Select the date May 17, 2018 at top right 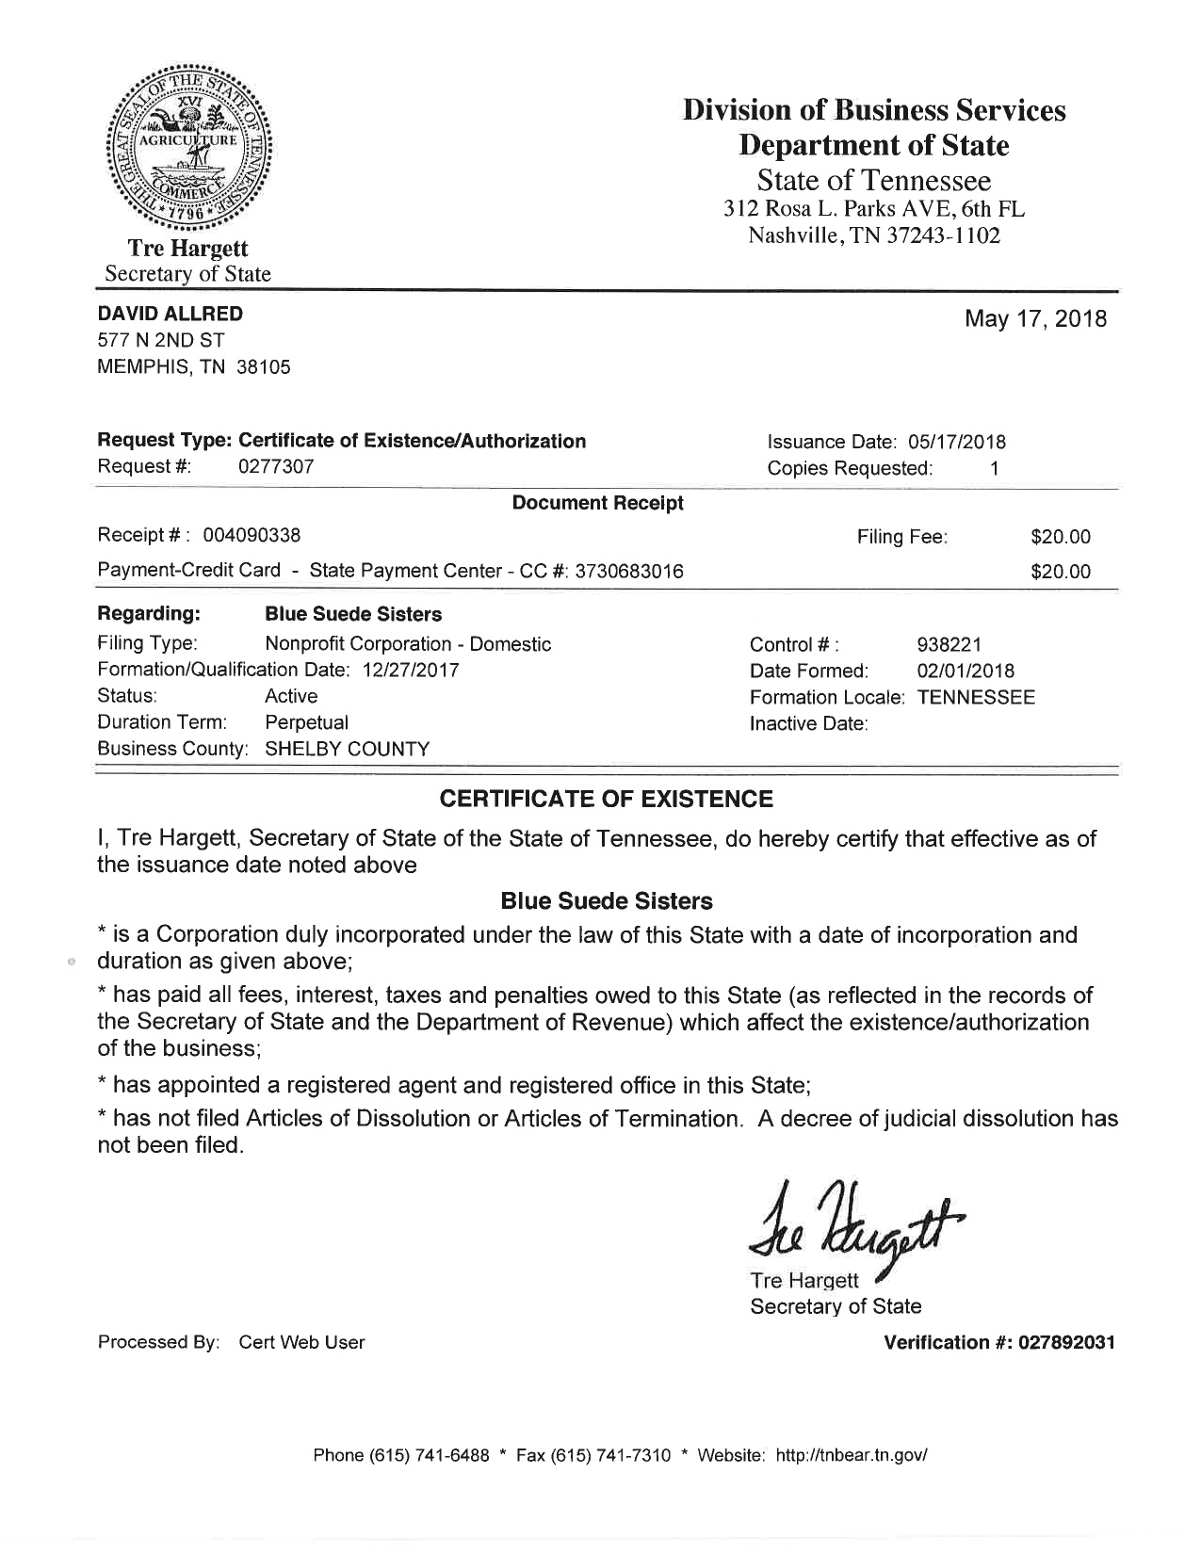1035,319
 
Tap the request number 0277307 276,467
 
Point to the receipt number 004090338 252,536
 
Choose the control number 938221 949,645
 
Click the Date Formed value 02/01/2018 966,672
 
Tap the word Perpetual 306,723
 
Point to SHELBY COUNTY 347,750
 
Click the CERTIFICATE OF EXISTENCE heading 607,800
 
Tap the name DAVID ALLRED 170,314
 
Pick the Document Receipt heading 597,504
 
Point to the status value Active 291,697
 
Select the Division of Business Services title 874,111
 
